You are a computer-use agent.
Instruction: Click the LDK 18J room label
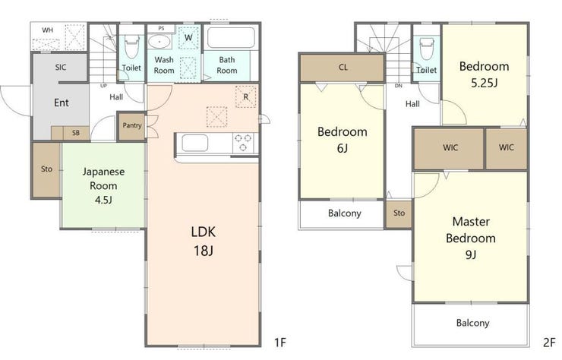click(204, 242)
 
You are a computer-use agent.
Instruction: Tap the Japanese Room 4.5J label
click(103, 185)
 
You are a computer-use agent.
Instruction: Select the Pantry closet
click(132, 126)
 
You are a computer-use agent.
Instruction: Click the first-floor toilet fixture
click(131, 47)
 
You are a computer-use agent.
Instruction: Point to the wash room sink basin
click(159, 42)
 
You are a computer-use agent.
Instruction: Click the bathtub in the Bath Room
click(231, 38)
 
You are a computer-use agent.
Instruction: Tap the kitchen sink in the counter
click(194, 144)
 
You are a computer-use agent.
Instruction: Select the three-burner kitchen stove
click(243, 143)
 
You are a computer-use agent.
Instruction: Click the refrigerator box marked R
click(246, 96)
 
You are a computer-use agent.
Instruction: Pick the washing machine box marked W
click(188, 37)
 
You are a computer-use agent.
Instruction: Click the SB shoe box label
click(76, 133)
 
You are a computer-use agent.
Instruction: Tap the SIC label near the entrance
click(61, 67)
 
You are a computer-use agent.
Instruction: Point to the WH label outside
click(47, 30)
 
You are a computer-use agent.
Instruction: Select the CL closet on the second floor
click(343, 68)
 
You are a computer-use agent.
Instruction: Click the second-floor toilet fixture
click(427, 49)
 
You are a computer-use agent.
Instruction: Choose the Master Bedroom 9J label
click(471, 238)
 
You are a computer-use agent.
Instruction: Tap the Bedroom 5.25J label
click(484, 74)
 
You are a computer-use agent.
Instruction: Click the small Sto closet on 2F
click(399, 213)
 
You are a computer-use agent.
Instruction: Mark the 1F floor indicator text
click(280, 343)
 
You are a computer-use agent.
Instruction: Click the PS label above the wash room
click(161, 28)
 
